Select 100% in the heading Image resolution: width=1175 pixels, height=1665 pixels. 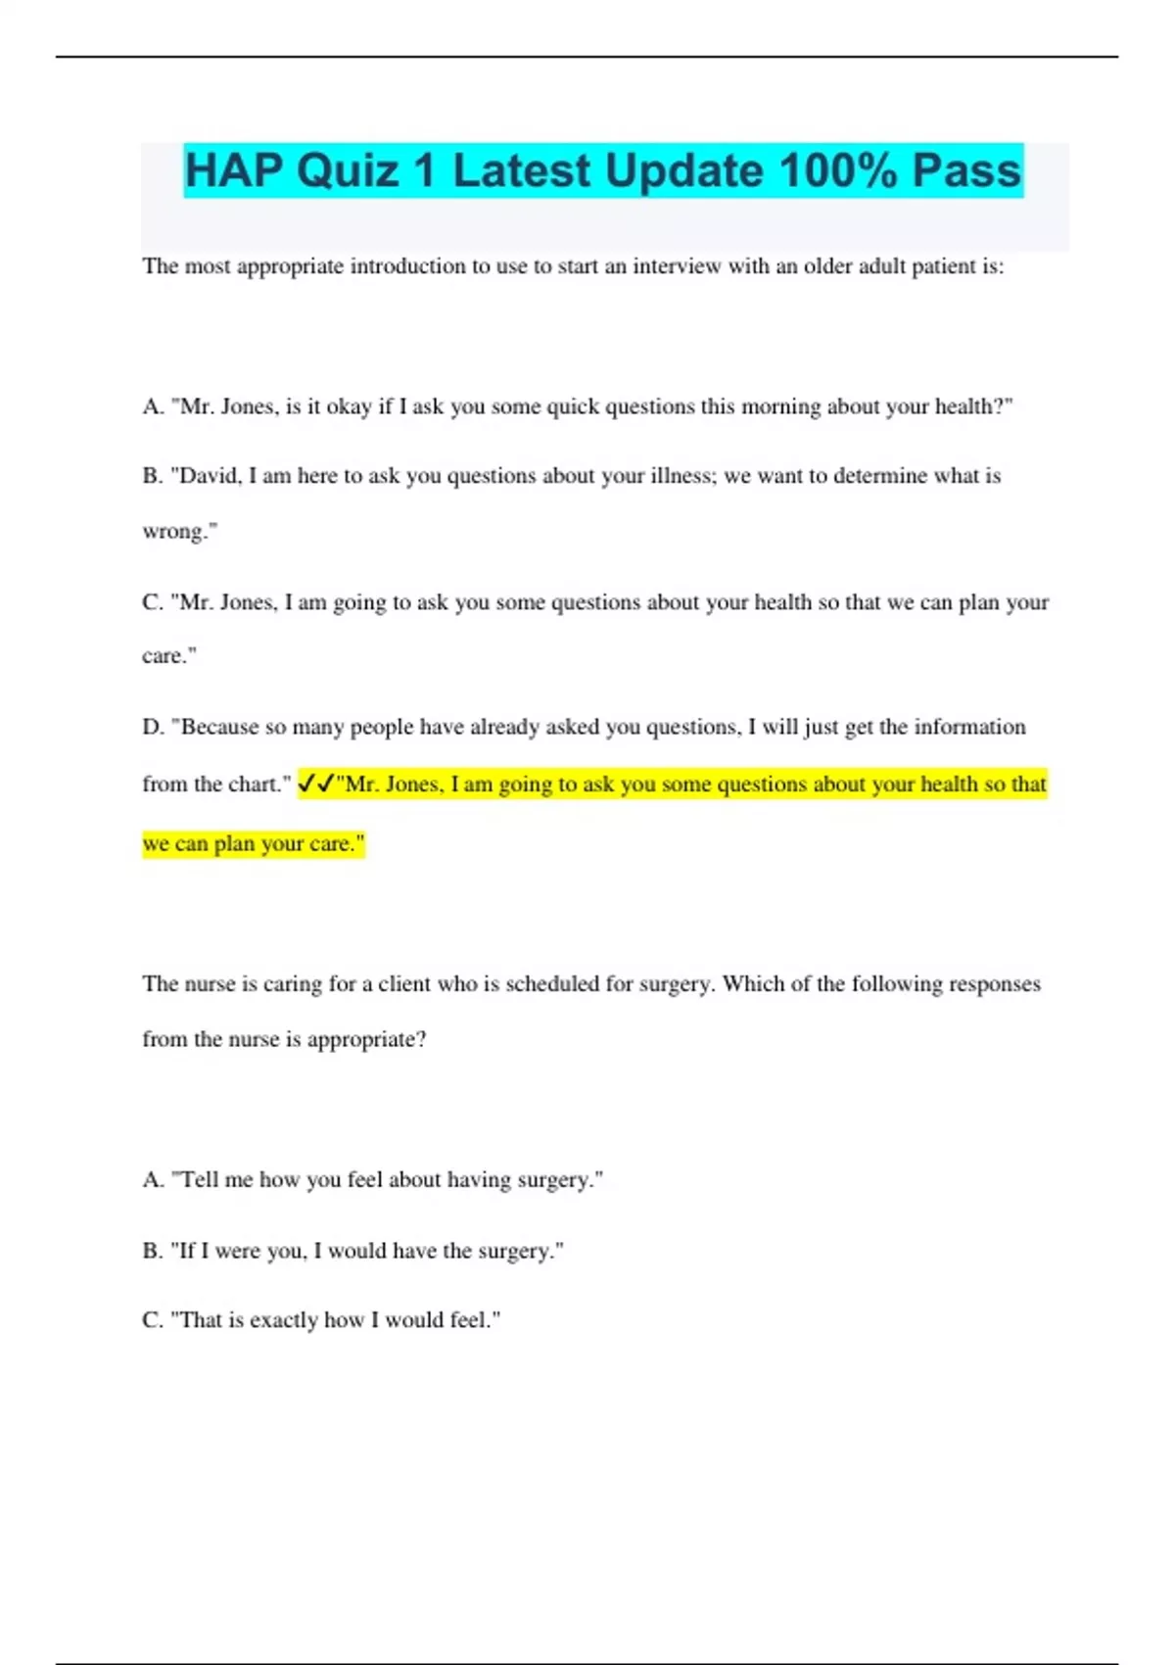838,171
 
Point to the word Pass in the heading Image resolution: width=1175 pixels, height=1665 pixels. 966,171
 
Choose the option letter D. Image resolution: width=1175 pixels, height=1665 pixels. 152,727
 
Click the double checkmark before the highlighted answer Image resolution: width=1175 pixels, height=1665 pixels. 315,784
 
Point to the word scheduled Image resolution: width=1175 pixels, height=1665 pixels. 551,983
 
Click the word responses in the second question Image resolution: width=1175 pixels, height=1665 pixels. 990,983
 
